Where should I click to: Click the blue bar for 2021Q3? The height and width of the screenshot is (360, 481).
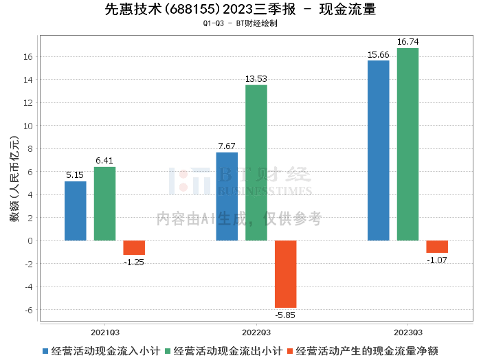(x=76, y=211)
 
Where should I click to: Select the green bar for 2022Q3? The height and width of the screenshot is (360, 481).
(x=256, y=163)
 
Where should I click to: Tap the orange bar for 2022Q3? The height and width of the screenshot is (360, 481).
(x=286, y=274)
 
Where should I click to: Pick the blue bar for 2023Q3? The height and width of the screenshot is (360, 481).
(x=378, y=150)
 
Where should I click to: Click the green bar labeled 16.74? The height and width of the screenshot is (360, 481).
(x=407, y=144)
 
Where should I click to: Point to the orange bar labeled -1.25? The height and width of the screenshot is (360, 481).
(x=134, y=248)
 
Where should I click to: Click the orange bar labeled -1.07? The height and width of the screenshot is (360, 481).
(x=437, y=247)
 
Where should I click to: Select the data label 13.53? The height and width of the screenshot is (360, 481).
(x=256, y=79)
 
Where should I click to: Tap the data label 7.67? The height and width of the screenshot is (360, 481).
(x=227, y=146)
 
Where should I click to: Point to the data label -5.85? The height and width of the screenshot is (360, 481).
(x=285, y=315)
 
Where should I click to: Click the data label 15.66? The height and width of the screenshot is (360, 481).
(x=378, y=54)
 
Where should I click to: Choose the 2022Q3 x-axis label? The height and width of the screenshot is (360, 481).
(x=256, y=333)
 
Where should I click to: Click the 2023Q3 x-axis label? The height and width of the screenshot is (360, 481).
(x=408, y=333)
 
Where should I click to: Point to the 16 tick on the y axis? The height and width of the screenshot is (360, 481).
(x=28, y=57)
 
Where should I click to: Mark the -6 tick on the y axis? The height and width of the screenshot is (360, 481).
(x=29, y=310)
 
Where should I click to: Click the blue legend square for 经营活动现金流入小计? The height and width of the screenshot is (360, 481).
(x=45, y=351)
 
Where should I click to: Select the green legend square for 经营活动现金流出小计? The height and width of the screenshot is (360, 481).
(x=168, y=351)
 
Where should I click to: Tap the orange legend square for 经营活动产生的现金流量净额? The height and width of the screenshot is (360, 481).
(x=290, y=351)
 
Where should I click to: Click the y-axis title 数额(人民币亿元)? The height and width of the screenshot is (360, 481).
(x=14, y=179)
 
